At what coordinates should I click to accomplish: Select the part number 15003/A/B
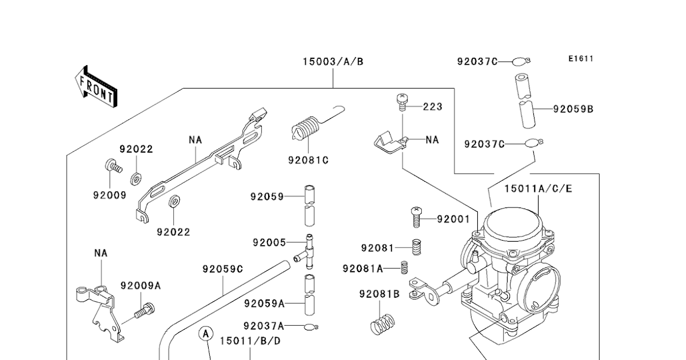[x=333, y=62]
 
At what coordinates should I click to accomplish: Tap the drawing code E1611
[x=581, y=59]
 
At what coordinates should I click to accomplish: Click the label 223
[x=433, y=107]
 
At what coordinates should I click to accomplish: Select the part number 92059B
[x=573, y=109]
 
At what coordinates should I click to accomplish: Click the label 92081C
[x=308, y=160]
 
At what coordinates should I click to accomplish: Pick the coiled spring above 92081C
[x=308, y=128]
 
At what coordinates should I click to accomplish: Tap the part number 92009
[x=109, y=195]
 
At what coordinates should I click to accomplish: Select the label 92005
[x=269, y=242]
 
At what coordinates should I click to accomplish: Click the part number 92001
[x=453, y=219]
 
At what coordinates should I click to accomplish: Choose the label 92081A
[x=362, y=268]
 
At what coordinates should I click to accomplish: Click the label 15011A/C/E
[x=538, y=188]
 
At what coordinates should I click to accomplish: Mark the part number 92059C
[x=222, y=269]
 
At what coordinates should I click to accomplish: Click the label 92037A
[x=263, y=326]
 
